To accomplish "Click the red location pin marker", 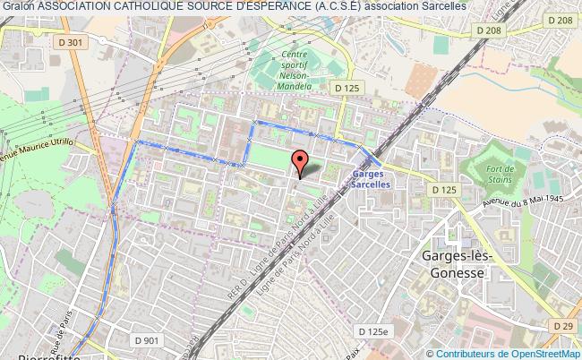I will pos(300,162).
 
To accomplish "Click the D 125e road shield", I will pos(381,331).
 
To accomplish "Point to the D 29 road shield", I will pos(563,325).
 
